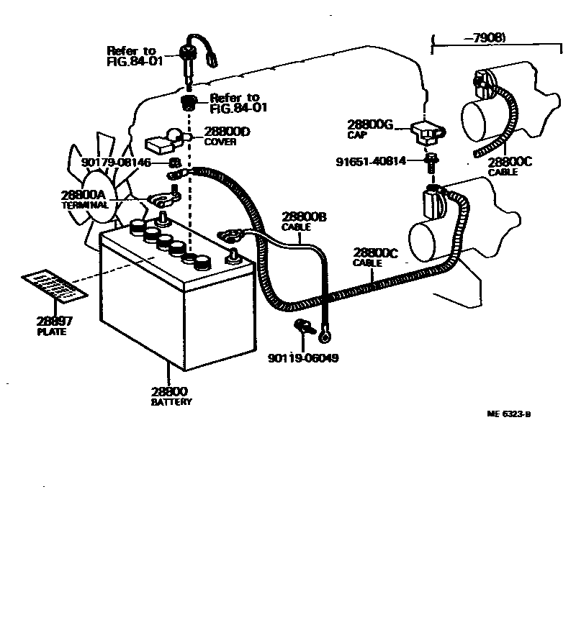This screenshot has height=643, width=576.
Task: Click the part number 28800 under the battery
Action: pyautogui.click(x=170, y=392)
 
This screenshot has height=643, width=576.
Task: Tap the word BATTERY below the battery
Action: pyautogui.click(x=171, y=402)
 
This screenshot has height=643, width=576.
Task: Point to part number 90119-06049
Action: pyautogui.click(x=302, y=357)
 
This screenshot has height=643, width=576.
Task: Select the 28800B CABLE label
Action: pyautogui.click(x=305, y=221)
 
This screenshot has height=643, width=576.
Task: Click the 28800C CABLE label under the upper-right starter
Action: pyautogui.click(x=509, y=165)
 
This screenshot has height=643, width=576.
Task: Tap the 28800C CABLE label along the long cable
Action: pyautogui.click(x=375, y=257)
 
